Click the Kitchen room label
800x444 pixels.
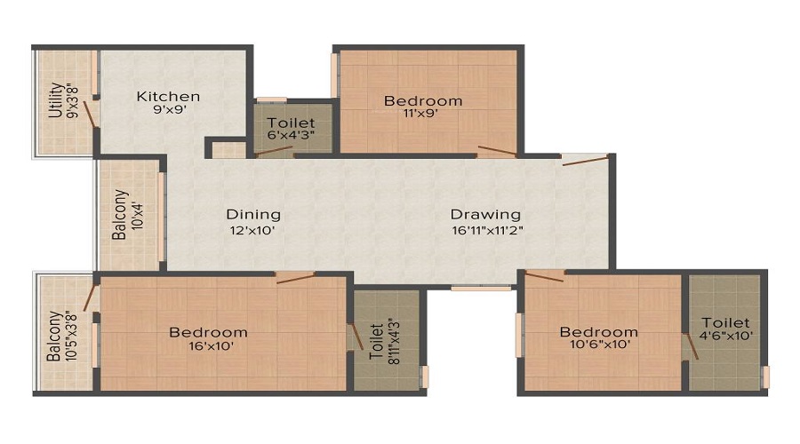coord(168,96)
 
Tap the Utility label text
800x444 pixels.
coord(56,100)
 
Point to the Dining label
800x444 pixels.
coord(253,215)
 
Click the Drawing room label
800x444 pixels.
coord(485,215)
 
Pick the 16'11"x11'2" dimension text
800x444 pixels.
coord(487,230)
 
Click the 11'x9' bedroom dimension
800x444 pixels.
coord(421,114)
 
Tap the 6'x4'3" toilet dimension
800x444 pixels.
coord(291,136)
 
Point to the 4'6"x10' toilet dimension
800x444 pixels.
coord(727,336)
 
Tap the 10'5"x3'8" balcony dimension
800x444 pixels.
coord(71,337)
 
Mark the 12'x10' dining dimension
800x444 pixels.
coord(252,230)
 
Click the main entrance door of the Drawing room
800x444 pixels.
coord(586,161)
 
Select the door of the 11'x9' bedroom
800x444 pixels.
coord(497,150)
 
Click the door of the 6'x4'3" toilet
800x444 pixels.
coord(274,151)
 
